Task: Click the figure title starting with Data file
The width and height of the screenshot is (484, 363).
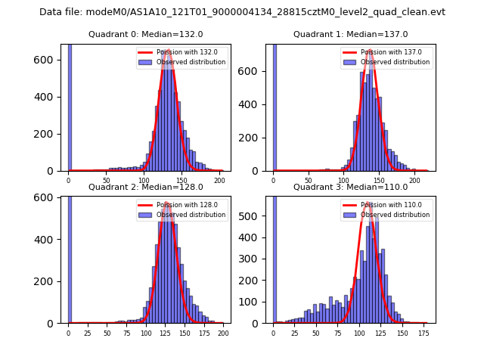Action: pos(242,12)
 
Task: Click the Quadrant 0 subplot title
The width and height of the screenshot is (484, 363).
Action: pos(146,34)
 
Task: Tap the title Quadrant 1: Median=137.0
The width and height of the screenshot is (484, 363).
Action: pos(350,34)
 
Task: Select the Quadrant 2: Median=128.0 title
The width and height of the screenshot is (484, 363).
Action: pos(146,187)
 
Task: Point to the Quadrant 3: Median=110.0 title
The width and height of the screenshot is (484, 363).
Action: pos(350,187)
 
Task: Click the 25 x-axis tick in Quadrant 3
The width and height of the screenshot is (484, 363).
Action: pos(292,334)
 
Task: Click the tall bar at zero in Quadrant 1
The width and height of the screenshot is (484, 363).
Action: pos(274,106)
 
